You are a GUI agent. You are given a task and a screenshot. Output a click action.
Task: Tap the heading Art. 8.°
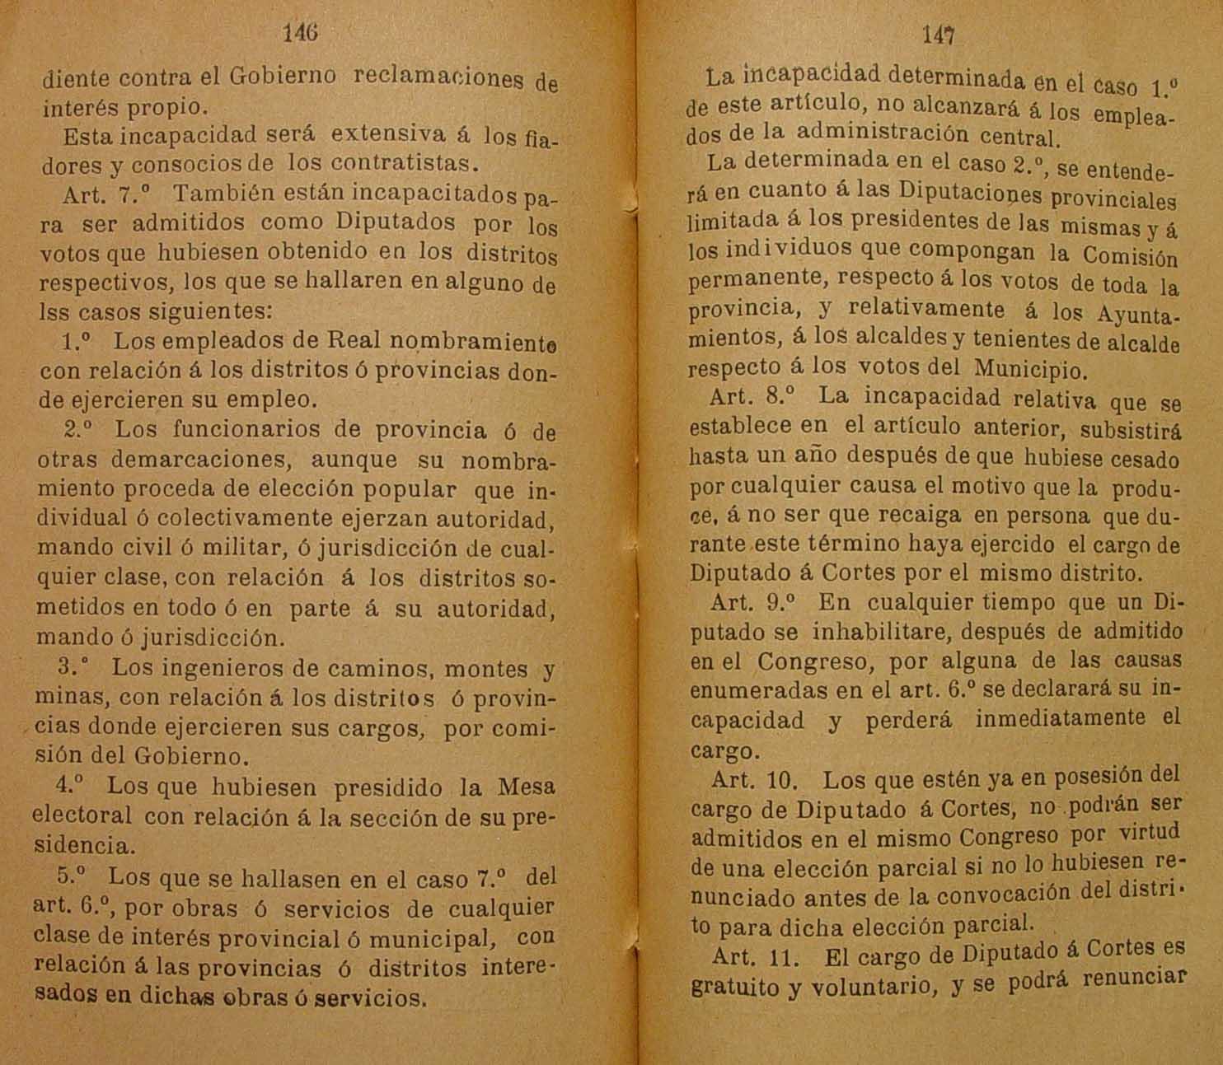pyautogui.click(x=751, y=397)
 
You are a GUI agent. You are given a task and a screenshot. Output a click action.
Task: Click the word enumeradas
pyautogui.click(x=749, y=690)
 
